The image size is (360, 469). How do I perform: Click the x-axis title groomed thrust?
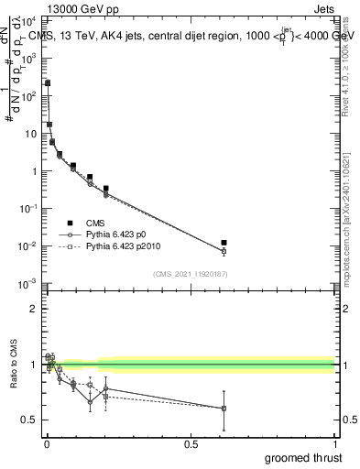304,456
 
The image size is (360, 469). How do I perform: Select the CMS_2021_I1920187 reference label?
191,273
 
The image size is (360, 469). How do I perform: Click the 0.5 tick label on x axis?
191,442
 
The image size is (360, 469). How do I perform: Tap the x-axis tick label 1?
334,442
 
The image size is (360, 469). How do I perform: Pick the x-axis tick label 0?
47,442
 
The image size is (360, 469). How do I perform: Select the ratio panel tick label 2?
36,309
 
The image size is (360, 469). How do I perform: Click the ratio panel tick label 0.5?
31,420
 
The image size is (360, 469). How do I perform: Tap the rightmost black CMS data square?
224,243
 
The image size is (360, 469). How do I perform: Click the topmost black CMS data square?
48,83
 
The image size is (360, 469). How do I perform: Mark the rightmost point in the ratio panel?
224,409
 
